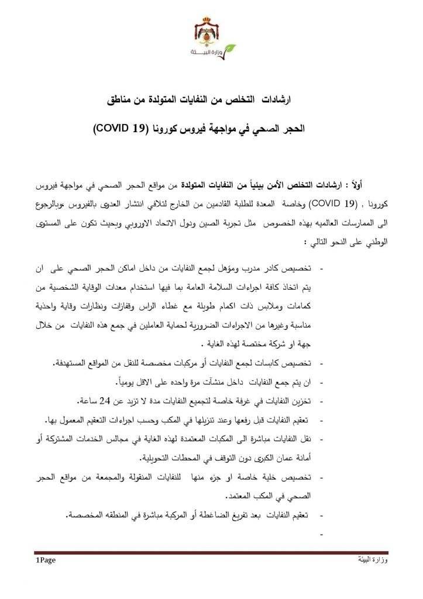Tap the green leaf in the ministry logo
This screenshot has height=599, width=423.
pos(230,48)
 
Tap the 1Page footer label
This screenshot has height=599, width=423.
pos(46,560)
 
